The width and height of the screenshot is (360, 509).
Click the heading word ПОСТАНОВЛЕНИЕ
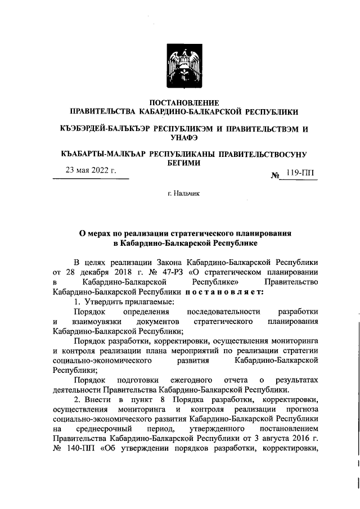coord(180,102)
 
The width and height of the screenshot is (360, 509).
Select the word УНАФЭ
coord(180,137)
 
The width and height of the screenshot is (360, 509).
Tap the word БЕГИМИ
coord(180,163)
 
